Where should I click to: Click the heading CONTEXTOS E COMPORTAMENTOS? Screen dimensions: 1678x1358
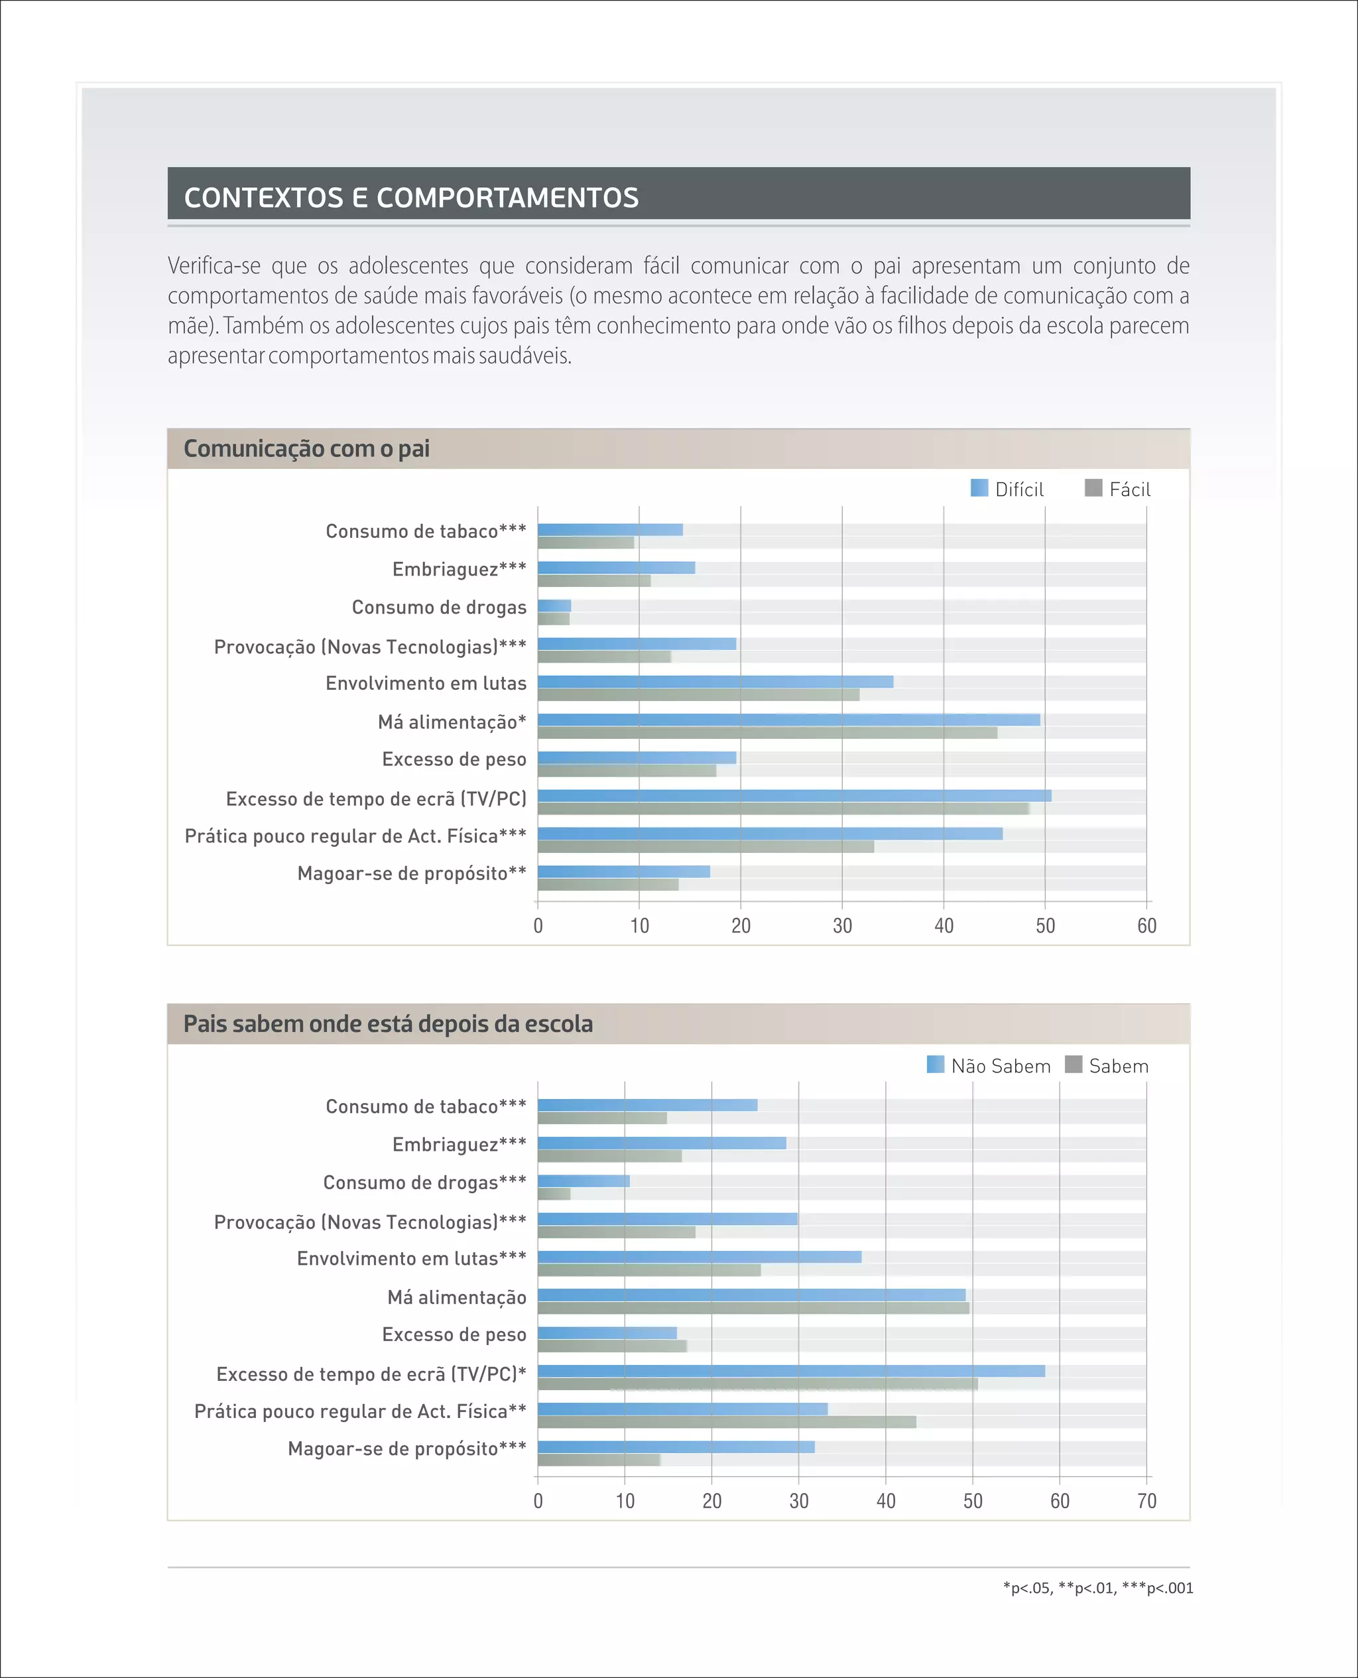coord(412,197)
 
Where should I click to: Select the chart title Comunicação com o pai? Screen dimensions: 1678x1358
coord(306,448)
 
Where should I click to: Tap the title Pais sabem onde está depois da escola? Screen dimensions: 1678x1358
coord(388,1023)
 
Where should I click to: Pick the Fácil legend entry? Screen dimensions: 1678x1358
coord(1119,489)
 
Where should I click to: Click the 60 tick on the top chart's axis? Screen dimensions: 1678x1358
coord(1146,927)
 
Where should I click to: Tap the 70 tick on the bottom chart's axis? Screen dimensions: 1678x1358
coord(1146,1501)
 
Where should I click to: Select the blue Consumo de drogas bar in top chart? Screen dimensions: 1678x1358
coord(554,606)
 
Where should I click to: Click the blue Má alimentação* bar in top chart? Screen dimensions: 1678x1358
coord(788,720)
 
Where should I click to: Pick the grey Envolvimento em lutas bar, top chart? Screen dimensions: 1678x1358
coord(698,694)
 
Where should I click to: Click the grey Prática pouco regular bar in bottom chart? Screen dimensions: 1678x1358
coord(727,1422)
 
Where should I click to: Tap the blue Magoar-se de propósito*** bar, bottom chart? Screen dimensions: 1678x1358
coord(676,1447)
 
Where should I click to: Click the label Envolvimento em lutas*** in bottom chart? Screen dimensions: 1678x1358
coord(412,1258)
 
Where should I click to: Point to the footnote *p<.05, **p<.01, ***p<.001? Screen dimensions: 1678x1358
coord(1097,1587)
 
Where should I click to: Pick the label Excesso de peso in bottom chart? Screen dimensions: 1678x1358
coord(454,1334)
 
